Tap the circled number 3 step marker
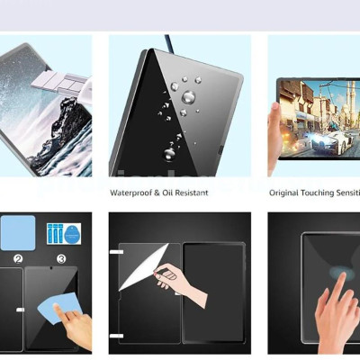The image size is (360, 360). (61, 259)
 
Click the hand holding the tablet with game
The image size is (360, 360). (274, 126)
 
